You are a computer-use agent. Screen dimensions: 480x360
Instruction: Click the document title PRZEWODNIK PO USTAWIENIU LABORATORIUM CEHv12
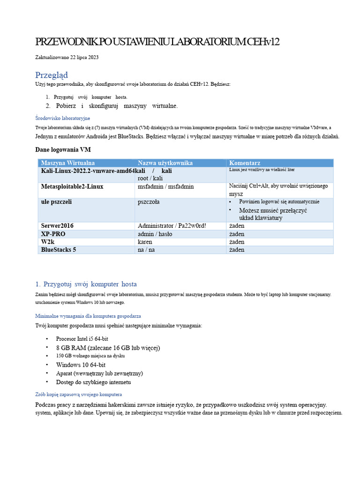click(157, 42)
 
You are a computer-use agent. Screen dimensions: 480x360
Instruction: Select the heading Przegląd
click(52, 75)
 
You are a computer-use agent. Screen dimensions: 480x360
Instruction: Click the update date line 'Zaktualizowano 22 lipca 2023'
click(67, 58)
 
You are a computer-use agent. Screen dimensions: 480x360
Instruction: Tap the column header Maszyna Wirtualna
click(68, 163)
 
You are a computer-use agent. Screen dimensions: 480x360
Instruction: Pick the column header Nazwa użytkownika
click(165, 163)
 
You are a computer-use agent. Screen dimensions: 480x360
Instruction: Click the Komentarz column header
click(245, 163)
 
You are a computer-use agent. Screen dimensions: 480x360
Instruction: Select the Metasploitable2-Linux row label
click(72, 187)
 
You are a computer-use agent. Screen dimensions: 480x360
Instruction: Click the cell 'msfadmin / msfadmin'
click(165, 187)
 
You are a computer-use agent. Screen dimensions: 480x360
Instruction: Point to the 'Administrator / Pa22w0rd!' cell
click(172, 226)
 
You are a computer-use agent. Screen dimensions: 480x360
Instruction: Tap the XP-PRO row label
click(53, 234)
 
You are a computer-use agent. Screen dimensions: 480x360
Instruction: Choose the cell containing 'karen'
click(145, 242)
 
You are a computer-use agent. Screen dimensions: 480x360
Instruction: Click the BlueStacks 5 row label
click(59, 250)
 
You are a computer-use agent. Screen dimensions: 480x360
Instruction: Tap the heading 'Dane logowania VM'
click(63, 150)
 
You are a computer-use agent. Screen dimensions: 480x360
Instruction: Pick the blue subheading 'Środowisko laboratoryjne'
click(63, 118)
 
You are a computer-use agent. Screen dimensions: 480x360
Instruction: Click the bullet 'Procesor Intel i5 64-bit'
click(82, 338)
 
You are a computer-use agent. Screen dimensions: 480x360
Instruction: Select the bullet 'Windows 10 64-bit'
click(81, 365)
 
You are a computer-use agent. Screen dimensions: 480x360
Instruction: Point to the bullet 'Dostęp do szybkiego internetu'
click(94, 382)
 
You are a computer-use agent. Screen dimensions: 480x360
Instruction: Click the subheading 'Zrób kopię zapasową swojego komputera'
click(79, 394)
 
